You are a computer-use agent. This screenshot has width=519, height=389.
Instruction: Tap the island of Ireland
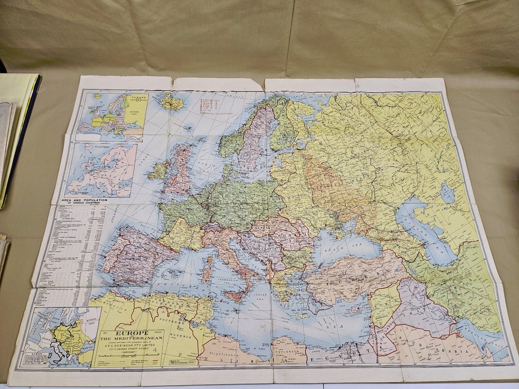158,170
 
